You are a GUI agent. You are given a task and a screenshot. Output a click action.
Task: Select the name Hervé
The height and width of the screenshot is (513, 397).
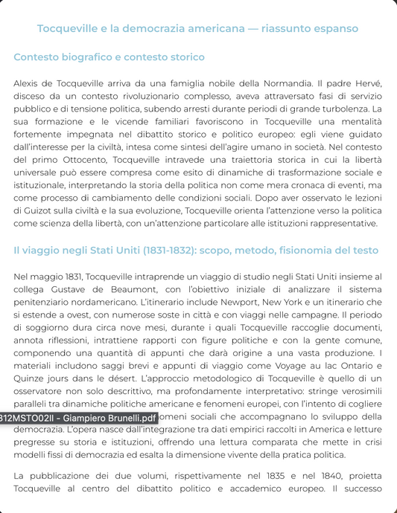coord(367,82)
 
